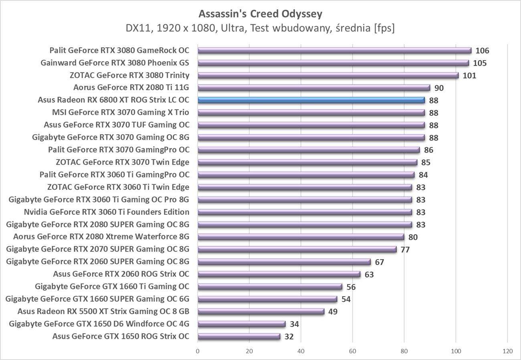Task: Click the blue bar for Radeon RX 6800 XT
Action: [x=311, y=100]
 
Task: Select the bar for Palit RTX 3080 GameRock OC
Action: [x=334, y=51]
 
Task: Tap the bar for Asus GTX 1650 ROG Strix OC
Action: [x=239, y=336]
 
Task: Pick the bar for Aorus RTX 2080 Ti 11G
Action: [x=313, y=88]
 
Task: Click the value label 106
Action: [x=482, y=51]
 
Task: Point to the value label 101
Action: [x=469, y=75]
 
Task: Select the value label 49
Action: [x=333, y=311]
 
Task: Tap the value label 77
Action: [x=405, y=250]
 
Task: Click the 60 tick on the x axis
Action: [x=353, y=351]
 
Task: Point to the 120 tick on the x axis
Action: [x=507, y=351]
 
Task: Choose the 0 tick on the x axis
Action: [x=198, y=351]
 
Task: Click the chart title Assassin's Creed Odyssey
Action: [x=260, y=14]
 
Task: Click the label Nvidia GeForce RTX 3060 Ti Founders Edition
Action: [x=107, y=212]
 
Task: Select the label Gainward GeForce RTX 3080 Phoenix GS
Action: [x=115, y=63]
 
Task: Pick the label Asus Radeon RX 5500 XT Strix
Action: [x=103, y=311]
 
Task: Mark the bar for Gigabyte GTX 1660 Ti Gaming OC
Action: [x=270, y=287]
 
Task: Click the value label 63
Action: [x=369, y=275]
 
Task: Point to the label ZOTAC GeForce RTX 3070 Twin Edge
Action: [x=123, y=162]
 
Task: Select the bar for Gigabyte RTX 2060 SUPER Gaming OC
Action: [x=284, y=262]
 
